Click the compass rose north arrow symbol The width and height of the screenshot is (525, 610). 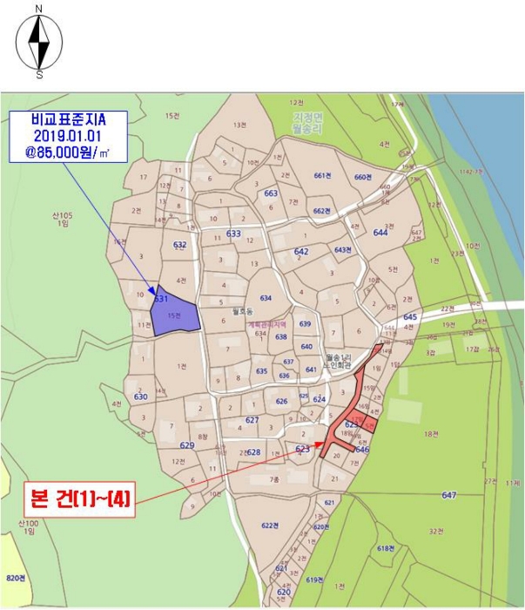39,39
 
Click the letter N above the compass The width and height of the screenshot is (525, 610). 39,8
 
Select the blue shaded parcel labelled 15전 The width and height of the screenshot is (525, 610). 174,314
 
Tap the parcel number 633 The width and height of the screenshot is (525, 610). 233,234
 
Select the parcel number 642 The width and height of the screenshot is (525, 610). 301,251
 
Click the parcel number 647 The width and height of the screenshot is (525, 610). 449,495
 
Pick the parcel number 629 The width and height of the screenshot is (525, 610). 187,445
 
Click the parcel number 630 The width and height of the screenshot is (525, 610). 141,396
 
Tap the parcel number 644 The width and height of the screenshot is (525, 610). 380,233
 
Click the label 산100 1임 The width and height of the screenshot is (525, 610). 28,528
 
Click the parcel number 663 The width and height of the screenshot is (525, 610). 271,193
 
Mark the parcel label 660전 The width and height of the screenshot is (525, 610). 363,177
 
